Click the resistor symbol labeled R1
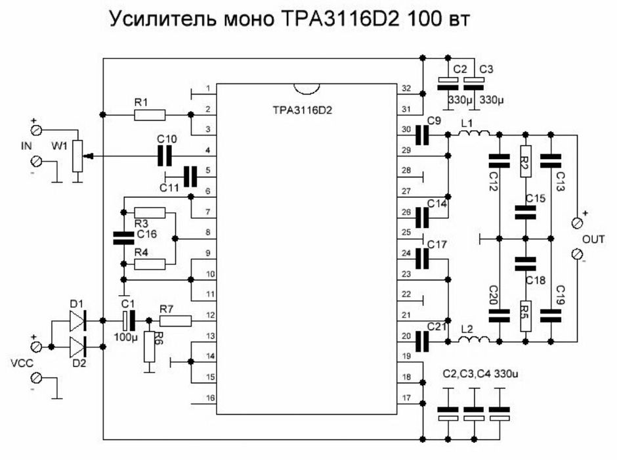tap(150, 115)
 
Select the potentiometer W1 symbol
tap(78, 156)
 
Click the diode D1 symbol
tap(77, 321)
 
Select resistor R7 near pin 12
tap(175, 321)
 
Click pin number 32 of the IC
tap(406, 88)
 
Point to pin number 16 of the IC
tap(207, 398)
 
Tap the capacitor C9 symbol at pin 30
tap(423, 135)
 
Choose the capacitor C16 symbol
tap(119, 238)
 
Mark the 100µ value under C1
tap(125, 336)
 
